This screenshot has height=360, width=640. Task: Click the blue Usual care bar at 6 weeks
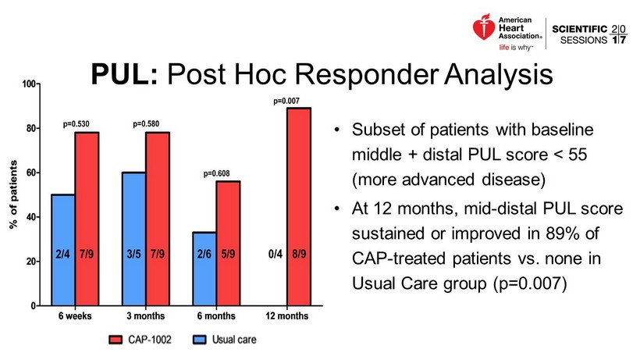click(63, 250)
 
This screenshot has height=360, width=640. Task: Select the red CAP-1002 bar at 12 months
click(299, 207)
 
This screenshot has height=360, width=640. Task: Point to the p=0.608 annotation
click(217, 174)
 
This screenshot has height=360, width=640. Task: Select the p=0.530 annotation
click(76, 124)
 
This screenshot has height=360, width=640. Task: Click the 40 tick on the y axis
click(34, 217)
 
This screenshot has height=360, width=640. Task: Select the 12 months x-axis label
click(287, 317)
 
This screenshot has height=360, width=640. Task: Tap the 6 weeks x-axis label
click(75, 317)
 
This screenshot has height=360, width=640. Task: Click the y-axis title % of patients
click(13, 195)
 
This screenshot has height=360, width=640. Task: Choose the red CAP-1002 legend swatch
click(116, 340)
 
